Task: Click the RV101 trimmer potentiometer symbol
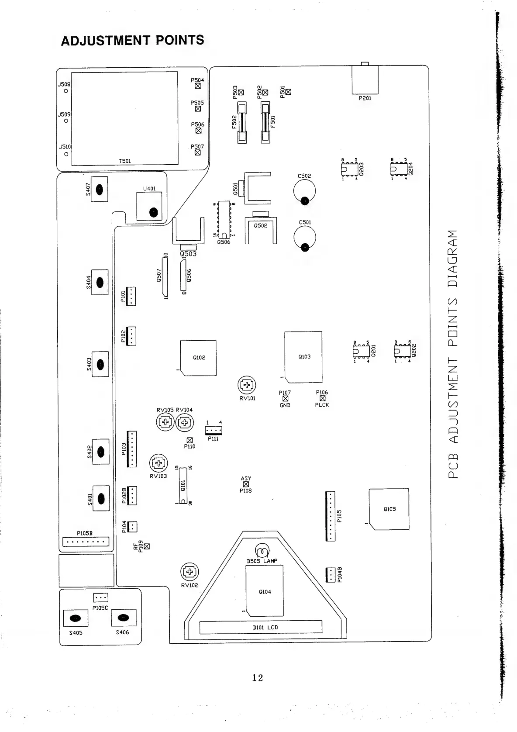click(x=247, y=385)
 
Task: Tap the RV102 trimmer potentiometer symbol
click(x=190, y=572)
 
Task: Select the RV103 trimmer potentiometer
click(x=159, y=463)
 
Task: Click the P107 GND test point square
click(x=285, y=399)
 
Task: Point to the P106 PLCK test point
click(x=322, y=398)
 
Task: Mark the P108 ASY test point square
click(x=246, y=484)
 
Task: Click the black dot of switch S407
click(x=100, y=190)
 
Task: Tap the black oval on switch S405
click(x=76, y=618)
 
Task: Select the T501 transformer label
click(x=125, y=161)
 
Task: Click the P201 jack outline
click(x=365, y=80)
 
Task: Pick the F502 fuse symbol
click(x=241, y=122)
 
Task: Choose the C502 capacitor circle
click(x=304, y=191)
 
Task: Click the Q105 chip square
click(x=389, y=509)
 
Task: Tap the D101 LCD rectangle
click(x=261, y=627)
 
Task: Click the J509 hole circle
click(x=66, y=121)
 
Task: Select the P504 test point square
click(x=198, y=86)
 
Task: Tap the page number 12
click(x=258, y=677)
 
